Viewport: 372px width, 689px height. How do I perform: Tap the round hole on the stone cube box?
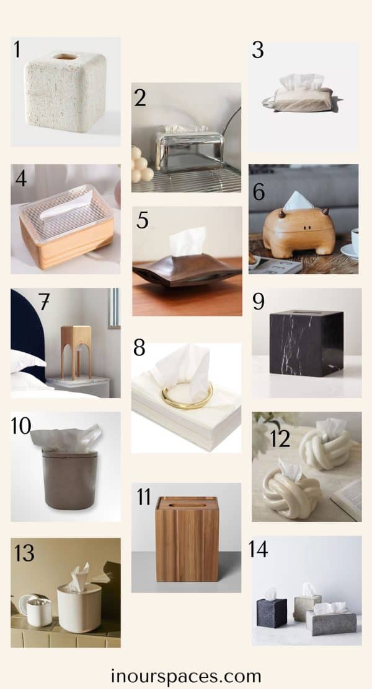[x=65, y=56]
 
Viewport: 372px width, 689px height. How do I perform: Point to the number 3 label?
[x=258, y=50]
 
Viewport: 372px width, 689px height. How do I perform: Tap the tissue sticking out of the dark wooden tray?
[x=188, y=241]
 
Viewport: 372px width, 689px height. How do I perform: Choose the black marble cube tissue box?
[x=306, y=342]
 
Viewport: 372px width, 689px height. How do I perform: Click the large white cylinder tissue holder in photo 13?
[x=79, y=606]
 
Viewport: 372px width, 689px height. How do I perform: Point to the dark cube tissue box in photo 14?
[x=272, y=613]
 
